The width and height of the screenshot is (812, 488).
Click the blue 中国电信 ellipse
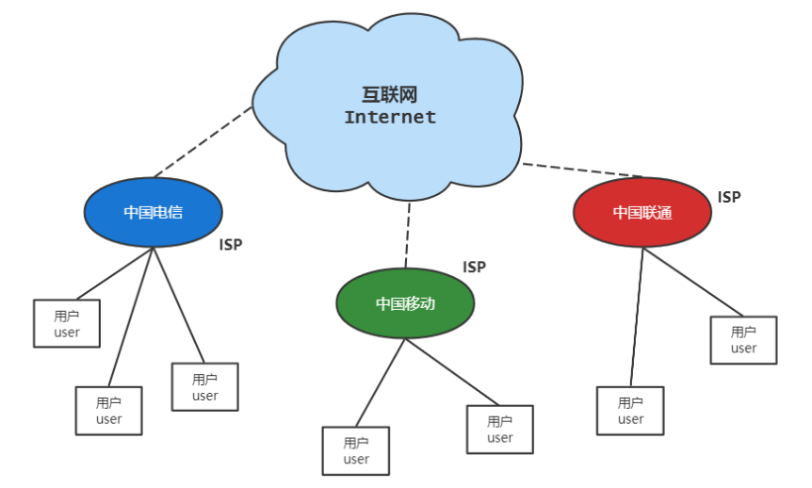[153, 212]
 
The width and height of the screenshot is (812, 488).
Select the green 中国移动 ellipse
[405, 303]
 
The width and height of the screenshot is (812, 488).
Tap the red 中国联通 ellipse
[641, 212]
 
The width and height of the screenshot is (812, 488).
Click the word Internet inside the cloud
[390, 118]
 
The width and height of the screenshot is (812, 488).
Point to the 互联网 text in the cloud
[390, 95]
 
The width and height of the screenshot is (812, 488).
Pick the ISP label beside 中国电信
[231, 245]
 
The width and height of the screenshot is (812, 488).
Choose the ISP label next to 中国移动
[474, 267]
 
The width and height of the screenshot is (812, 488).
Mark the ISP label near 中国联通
[729, 197]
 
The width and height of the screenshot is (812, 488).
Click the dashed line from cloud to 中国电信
[204, 141]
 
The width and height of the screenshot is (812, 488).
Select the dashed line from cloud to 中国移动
[408, 236]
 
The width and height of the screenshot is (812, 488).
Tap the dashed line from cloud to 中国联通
[582, 171]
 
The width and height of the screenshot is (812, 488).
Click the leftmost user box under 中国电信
[67, 323]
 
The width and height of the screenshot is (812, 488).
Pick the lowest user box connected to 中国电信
[108, 411]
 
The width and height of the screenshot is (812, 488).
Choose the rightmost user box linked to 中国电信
[204, 387]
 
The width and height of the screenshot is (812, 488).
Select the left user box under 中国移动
[355, 450]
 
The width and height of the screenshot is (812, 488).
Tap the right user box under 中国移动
[499, 430]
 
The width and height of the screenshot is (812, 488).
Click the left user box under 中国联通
[630, 411]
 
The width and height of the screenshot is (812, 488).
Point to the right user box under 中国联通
[743, 340]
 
